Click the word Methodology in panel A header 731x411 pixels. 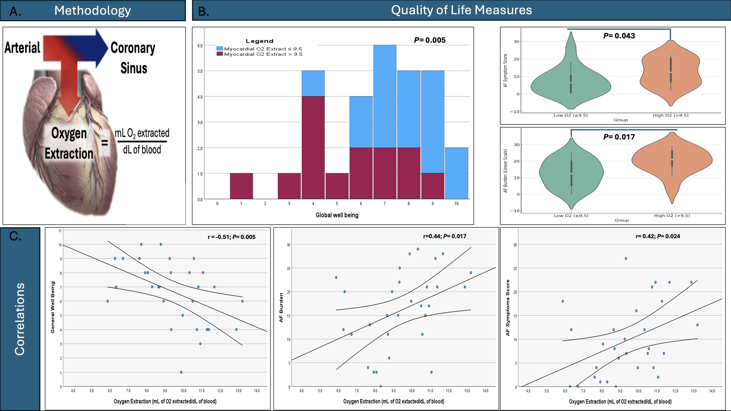pos(93,10)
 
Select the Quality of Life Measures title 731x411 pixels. pos(461,10)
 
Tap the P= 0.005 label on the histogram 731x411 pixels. pos(430,40)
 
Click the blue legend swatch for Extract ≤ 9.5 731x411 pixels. pos(219,49)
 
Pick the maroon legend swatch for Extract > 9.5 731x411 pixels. pos(219,54)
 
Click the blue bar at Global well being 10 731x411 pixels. pos(456,173)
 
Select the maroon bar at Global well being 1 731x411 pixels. pos(241,186)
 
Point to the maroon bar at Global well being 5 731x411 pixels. pos(337,186)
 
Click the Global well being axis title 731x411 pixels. pos(337,215)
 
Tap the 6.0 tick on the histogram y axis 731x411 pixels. pos(200,46)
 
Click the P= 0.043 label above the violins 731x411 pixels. pos(619,36)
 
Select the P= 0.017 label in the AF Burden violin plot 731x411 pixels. pos(619,137)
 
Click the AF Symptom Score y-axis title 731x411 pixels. pos(505,70)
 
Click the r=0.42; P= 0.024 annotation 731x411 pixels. pos(658,236)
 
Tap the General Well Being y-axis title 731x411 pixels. pos(52,307)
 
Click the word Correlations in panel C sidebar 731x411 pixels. pos(20,319)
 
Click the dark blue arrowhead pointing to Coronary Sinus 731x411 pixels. pos(101,48)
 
